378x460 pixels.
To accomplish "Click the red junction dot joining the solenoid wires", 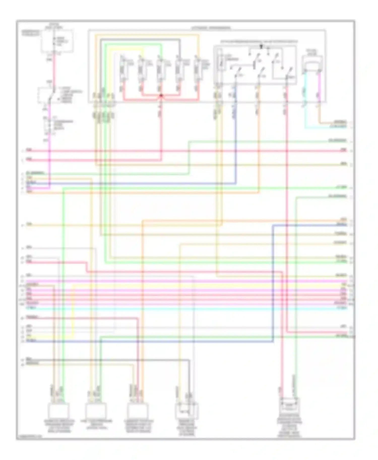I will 161,95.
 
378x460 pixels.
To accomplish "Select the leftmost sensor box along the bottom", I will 58,411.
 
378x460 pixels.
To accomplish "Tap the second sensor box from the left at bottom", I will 96,410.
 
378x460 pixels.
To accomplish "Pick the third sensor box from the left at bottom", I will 138,411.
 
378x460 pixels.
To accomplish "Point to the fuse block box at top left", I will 57,41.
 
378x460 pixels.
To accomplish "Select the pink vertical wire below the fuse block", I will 54,70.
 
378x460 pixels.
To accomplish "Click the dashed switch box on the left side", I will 47,95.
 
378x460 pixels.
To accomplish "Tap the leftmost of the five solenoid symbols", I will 123,68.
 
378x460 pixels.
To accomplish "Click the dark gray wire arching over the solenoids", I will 141,40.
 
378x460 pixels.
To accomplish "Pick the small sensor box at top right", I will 312,63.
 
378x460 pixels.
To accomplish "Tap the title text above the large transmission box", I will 211,28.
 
